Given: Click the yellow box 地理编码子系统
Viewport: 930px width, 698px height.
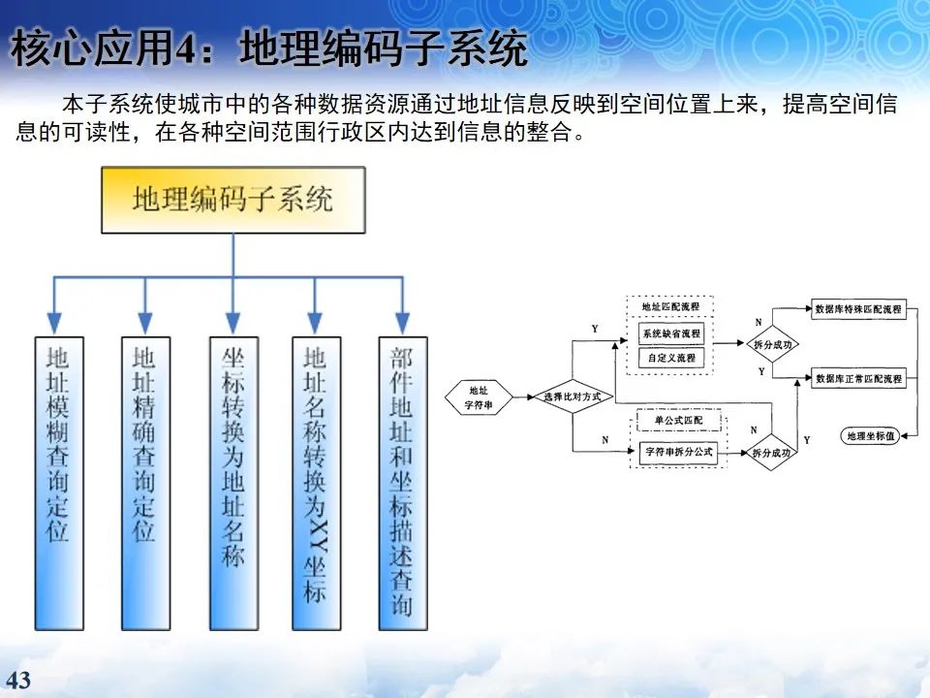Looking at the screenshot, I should pyautogui.click(x=232, y=200).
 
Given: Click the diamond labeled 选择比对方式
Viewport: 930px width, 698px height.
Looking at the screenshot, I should pyautogui.click(x=573, y=397).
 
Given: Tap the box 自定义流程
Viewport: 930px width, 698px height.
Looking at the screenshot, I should pyautogui.click(x=669, y=358).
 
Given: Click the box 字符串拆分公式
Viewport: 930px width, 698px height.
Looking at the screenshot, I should pyautogui.click(x=677, y=453).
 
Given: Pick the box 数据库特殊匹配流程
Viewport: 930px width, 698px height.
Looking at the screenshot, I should pyautogui.click(x=858, y=311).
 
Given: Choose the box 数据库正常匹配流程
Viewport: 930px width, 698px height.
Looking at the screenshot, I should pyautogui.click(x=858, y=378).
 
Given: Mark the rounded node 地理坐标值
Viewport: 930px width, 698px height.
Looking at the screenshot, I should pyautogui.click(x=869, y=437).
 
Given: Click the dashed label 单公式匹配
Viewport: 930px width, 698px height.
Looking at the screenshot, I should pyautogui.click(x=679, y=421).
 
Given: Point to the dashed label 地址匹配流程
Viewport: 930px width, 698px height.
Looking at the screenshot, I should pyautogui.click(x=669, y=307).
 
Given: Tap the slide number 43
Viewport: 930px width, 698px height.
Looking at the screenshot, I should pyautogui.click(x=18, y=680).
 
